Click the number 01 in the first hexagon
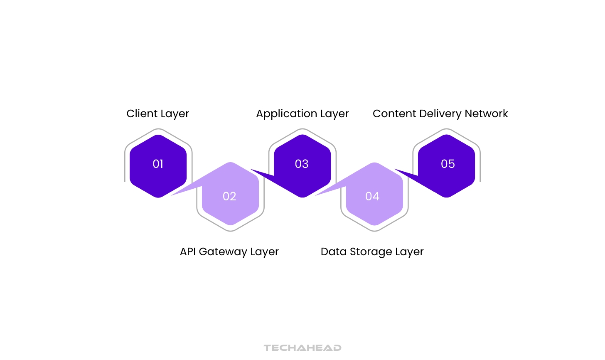click(x=158, y=164)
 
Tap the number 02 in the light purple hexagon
click(x=229, y=196)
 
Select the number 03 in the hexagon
click(x=302, y=164)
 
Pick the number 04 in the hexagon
click(x=372, y=196)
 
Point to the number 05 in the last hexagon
click(x=448, y=164)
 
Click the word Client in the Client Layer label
click(x=142, y=113)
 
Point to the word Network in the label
click(x=486, y=113)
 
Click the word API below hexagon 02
click(x=188, y=252)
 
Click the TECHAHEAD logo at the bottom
click(x=302, y=348)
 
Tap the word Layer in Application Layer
click(x=334, y=114)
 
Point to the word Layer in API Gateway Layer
click(x=264, y=252)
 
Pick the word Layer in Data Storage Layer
click(x=409, y=252)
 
